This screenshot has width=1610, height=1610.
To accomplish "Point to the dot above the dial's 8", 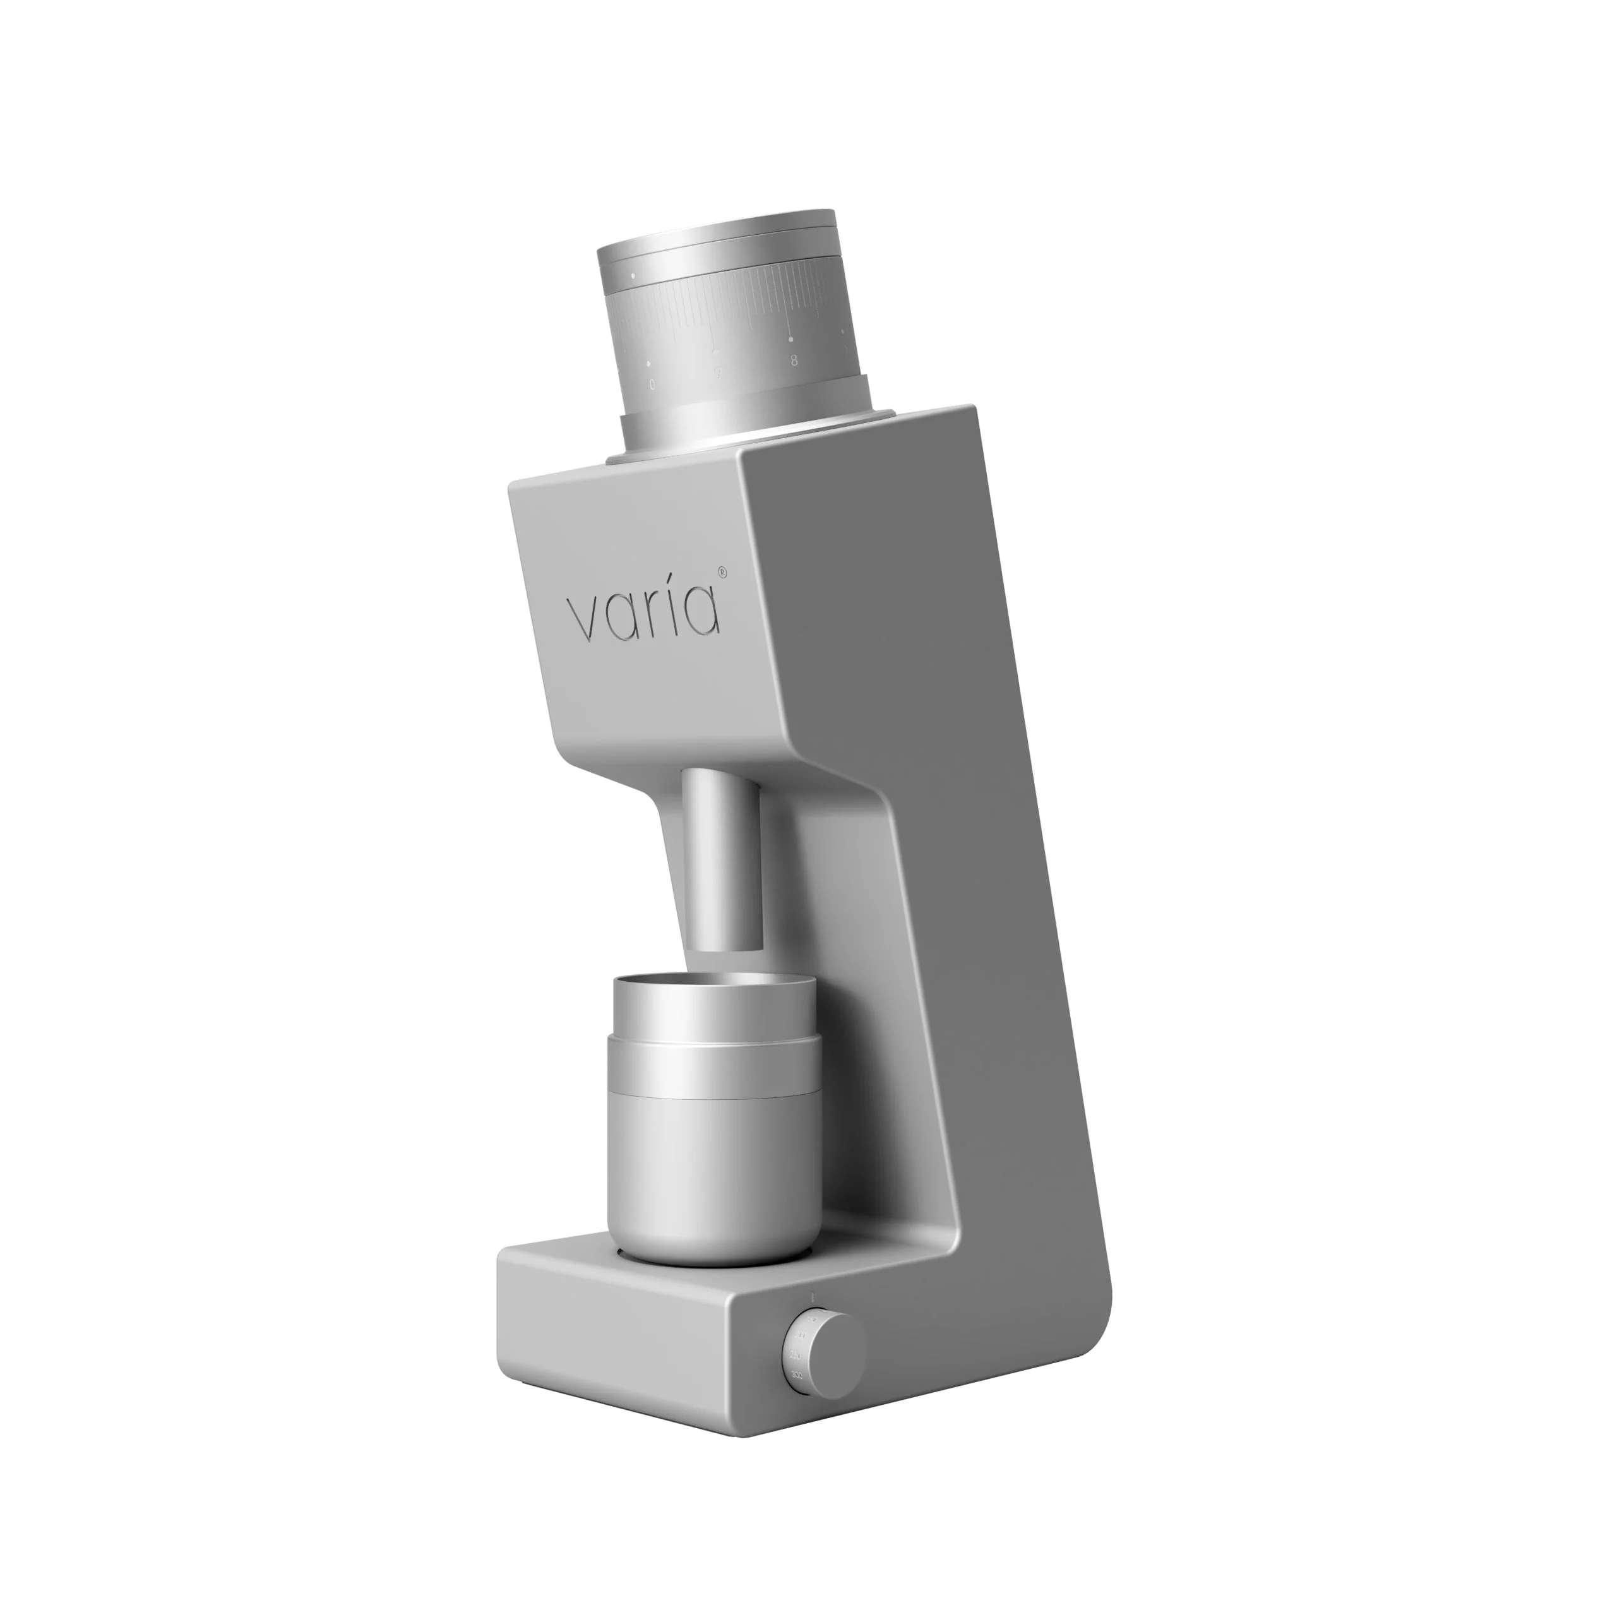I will (791, 339).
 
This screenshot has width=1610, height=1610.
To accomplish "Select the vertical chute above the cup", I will (722, 858).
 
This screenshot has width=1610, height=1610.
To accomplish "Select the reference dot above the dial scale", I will (633, 275).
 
